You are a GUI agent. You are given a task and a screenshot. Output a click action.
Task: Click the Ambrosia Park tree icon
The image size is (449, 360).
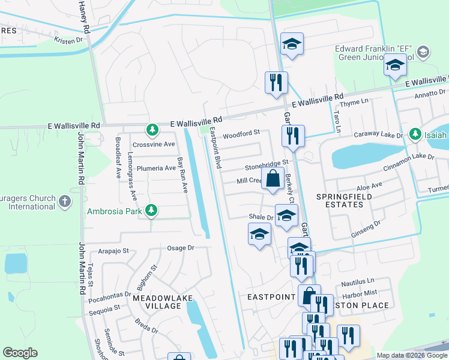click(152, 211)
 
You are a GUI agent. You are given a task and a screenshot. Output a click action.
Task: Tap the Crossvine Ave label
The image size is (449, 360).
click(154, 145)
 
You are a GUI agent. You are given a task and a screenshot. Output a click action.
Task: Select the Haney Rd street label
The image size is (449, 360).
click(84, 17)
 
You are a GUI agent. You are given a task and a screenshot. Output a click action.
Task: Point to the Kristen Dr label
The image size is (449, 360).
click(68, 41)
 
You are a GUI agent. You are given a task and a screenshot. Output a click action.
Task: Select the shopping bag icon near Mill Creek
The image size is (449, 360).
click(273, 178)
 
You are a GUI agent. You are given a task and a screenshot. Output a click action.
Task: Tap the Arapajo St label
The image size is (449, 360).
click(114, 251)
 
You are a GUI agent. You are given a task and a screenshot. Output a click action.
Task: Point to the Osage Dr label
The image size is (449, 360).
click(181, 247)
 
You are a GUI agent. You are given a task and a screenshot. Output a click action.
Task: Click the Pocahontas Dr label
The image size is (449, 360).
click(110, 295)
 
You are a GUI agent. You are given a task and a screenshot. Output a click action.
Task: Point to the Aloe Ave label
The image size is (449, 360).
click(369, 187)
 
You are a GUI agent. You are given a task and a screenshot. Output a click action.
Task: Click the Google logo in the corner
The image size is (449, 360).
click(20, 353)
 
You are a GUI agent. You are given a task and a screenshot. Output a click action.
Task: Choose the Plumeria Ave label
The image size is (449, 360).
click(155, 168)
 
